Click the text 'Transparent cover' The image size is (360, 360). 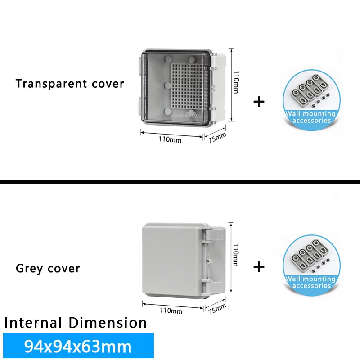click(x=70, y=84)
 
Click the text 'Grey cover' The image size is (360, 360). click(x=48, y=269)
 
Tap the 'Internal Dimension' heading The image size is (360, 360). click(x=76, y=323)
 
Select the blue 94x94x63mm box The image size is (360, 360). click(x=78, y=346)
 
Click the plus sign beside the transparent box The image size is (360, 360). click(x=259, y=102)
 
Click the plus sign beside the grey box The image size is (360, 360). click(x=259, y=267)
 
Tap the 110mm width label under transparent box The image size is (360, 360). click(x=170, y=139)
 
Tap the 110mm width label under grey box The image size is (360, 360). click(x=171, y=310)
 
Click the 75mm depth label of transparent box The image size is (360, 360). click(x=217, y=137)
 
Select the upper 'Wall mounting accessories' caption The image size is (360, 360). click(x=311, y=117)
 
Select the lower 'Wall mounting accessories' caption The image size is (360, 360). click(x=311, y=283)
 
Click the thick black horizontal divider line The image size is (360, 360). click(x=180, y=181)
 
